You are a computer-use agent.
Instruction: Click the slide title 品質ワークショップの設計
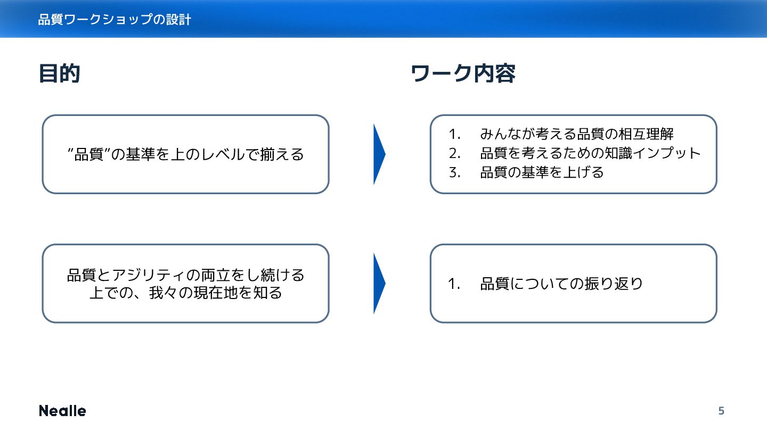[x=115, y=20]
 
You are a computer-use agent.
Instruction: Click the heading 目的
[x=59, y=74]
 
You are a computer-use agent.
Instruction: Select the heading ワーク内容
[x=463, y=74]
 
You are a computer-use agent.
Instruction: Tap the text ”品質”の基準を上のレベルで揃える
[x=185, y=154]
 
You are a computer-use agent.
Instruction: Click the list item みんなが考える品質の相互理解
[x=577, y=134]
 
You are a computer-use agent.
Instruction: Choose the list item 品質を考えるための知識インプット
[x=590, y=153]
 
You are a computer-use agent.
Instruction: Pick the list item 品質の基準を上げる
[x=542, y=172]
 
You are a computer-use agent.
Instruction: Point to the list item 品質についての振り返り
[x=561, y=284]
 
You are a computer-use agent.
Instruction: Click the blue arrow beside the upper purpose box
[x=379, y=154]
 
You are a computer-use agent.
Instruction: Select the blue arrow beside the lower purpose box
[x=379, y=284]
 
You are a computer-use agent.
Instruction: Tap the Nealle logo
[x=62, y=411]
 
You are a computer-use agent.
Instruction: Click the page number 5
[x=721, y=411]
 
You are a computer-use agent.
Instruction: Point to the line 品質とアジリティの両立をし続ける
[x=185, y=275]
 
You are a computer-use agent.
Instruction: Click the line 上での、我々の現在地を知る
[x=185, y=293]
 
